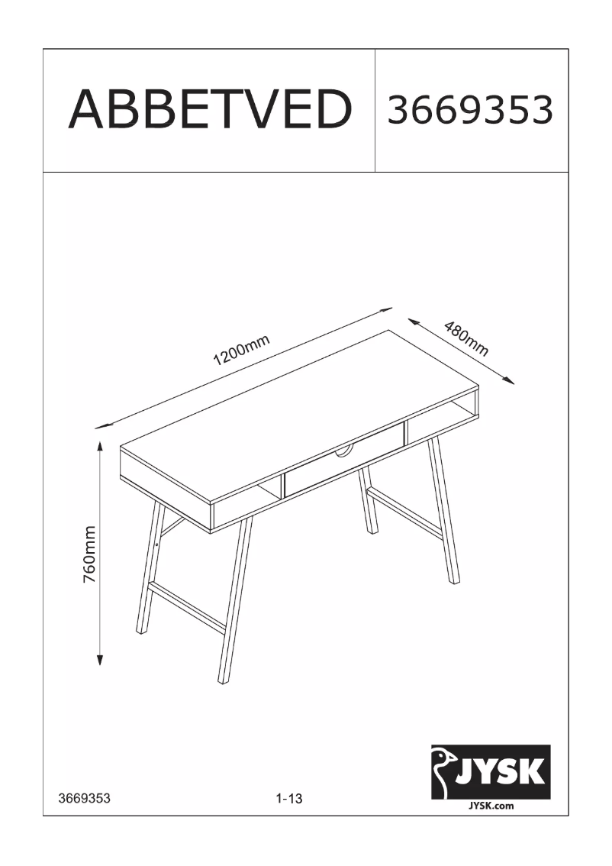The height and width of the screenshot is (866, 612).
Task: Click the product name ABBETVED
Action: (x=210, y=110)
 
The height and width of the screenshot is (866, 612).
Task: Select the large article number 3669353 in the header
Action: (x=470, y=111)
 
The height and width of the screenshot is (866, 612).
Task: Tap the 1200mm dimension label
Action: (x=242, y=351)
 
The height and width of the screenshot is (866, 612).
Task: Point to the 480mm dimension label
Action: (x=465, y=340)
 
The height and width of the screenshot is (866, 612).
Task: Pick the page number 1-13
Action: (x=289, y=799)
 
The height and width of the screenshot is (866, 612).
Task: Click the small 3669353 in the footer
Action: (x=85, y=799)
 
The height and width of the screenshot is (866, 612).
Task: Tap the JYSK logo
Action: (x=491, y=771)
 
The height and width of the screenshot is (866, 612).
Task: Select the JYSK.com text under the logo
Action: (x=491, y=805)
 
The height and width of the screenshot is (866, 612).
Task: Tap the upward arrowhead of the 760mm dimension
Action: (x=99, y=446)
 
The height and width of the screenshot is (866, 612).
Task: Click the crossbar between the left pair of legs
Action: (x=187, y=606)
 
